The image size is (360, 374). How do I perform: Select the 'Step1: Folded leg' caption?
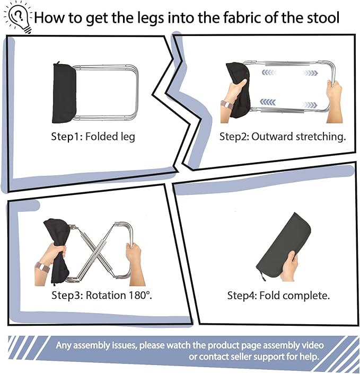click(x=93, y=137)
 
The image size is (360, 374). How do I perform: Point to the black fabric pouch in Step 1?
click(x=64, y=93)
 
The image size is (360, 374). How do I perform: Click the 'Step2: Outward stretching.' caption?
click(x=283, y=137)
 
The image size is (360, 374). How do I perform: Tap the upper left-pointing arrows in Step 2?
click(x=269, y=72)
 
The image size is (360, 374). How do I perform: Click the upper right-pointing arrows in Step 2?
click(x=310, y=73)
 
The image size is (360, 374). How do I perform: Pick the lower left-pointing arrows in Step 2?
click(x=268, y=102)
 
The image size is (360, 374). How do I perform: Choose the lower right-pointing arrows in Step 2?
click(x=310, y=104)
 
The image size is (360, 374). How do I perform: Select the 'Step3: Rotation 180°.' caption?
click(x=102, y=295)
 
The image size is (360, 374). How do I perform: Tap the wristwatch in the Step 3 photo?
click(x=42, y=266)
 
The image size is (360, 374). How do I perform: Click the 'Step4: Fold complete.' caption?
click(x=278, y=296)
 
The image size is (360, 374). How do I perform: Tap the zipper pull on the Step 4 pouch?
click(x=264, y=277)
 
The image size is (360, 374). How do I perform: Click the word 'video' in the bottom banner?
click(x=312, y=345)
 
